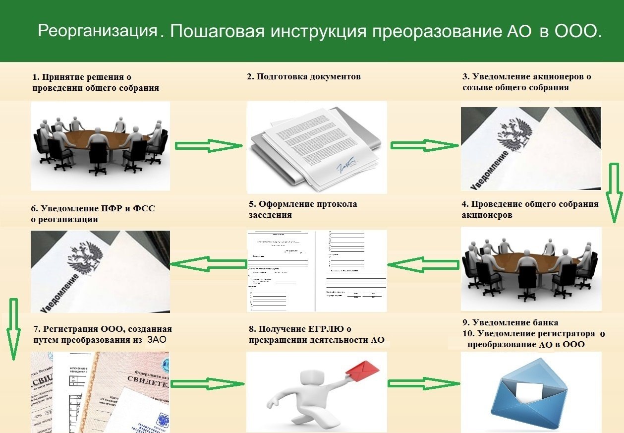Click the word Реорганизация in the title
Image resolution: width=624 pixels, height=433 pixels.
click(97, 31)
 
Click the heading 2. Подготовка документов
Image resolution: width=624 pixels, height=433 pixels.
click(304, 77)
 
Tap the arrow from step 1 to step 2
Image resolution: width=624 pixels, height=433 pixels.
click(208, 145)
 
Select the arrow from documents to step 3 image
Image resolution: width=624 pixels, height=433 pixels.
click(425, 145)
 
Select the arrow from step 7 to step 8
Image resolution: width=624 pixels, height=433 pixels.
click(208, 383)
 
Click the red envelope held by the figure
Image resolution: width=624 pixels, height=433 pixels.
click(362, 371)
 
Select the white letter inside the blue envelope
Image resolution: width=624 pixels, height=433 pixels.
click(531, 390)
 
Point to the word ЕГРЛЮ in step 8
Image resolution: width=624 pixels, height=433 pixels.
click(325, 329)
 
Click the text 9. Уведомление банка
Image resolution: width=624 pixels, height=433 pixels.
click(510, 322)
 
